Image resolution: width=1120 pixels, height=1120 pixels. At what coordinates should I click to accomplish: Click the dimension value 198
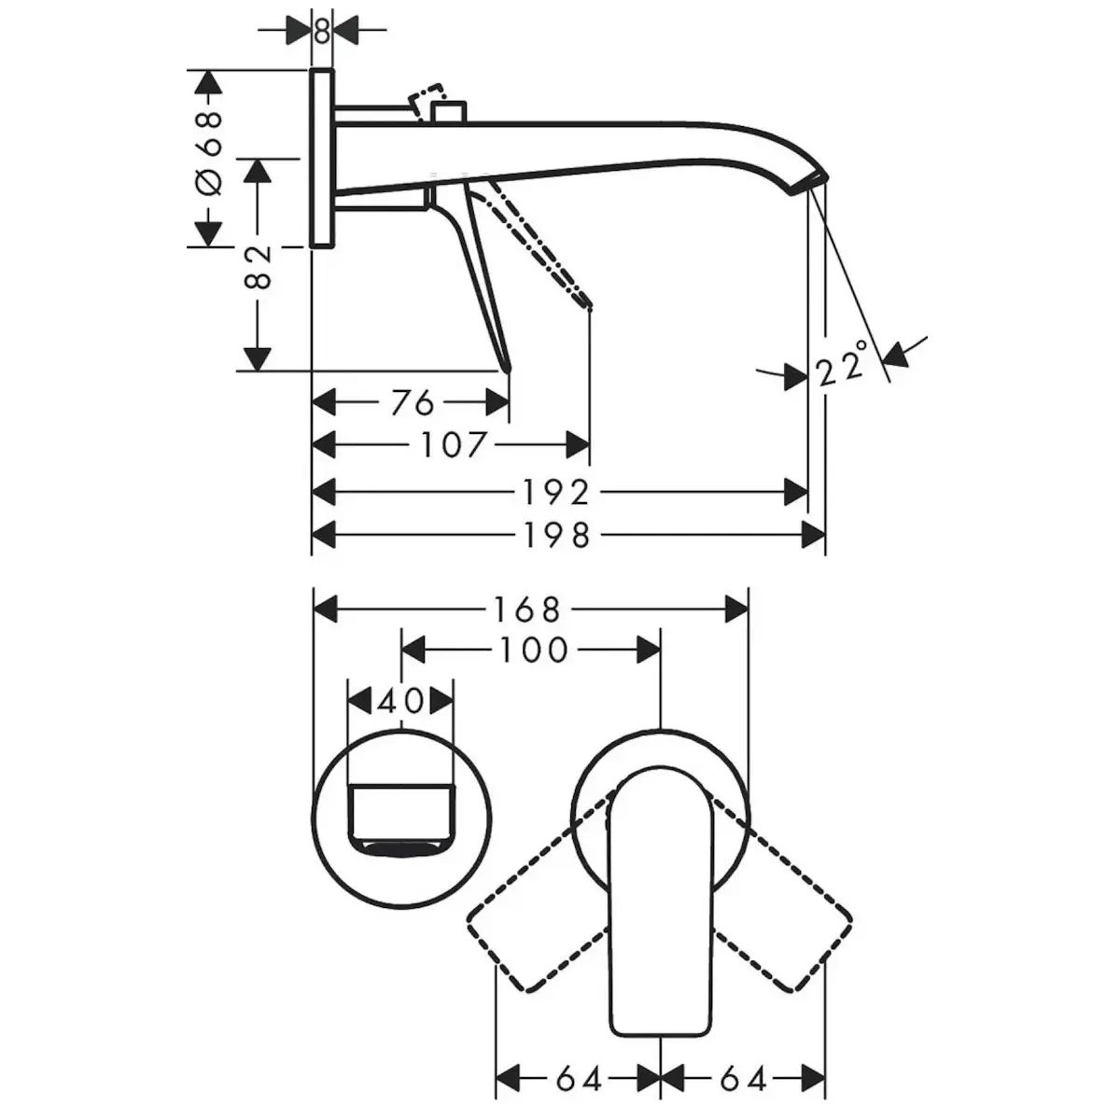(x=557, y=536)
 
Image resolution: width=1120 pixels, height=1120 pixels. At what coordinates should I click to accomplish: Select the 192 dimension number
(x=556, y=492)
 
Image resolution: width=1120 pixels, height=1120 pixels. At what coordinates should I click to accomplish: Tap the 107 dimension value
(x=452, y=445)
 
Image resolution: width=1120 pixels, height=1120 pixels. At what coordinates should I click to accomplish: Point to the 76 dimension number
(x=413, y=402)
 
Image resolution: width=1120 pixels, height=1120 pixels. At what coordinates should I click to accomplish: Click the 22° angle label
(x=842, y=364)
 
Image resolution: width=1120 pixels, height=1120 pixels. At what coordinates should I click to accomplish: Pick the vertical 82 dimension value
(x=258, y=267)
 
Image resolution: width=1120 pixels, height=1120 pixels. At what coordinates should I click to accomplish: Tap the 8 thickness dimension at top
(x=322, y=30)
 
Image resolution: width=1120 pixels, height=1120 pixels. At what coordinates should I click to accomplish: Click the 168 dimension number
(x=527, y=609)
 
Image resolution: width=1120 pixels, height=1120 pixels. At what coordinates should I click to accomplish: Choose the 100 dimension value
(x=534, y=650)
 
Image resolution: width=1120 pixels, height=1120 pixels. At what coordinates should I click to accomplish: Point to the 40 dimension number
(x=400, y=701)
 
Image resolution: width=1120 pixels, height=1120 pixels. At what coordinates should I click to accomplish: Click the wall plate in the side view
(x=322, y=159)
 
